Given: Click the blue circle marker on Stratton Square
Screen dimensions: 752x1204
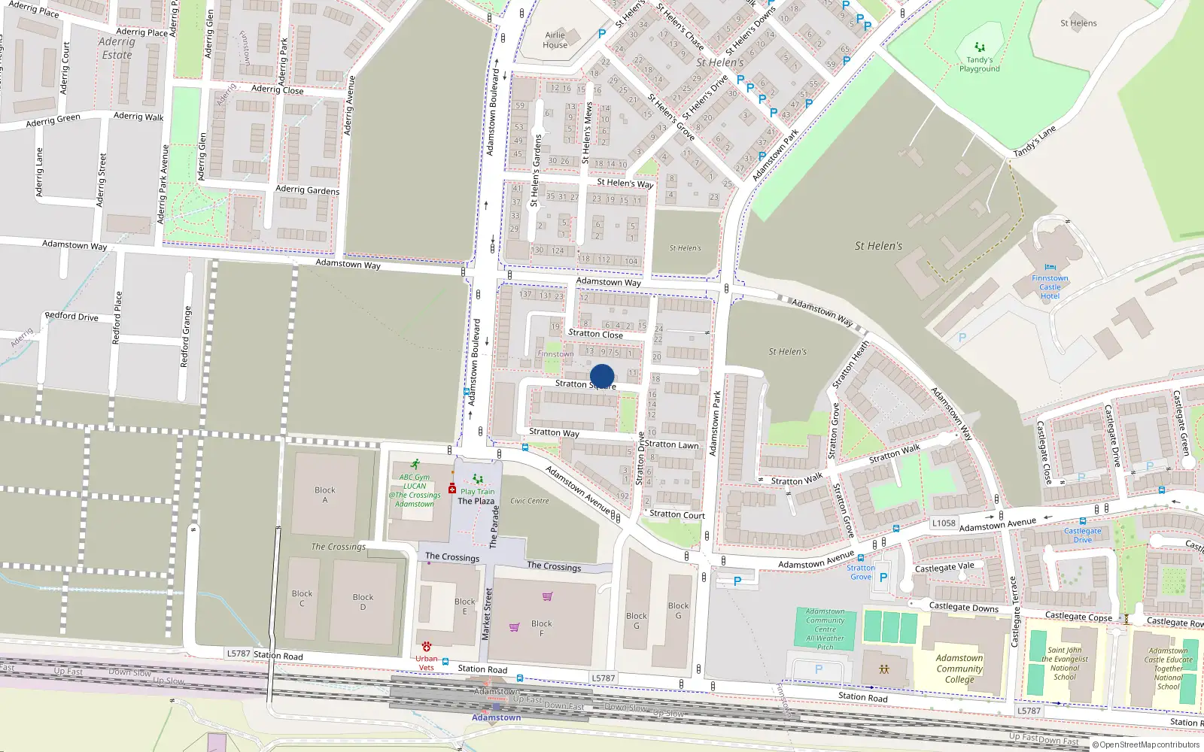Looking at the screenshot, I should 602,376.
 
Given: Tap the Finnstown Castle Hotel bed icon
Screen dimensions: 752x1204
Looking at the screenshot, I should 1050,268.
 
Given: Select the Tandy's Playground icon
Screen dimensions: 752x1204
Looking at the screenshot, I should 979,47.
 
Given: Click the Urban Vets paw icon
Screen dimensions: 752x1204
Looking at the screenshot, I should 427,647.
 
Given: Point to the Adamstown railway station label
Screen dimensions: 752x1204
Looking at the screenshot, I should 496,717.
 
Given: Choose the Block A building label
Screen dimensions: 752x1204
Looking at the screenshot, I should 325,495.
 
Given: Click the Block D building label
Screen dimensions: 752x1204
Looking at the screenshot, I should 363,602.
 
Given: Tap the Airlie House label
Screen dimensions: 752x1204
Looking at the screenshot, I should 555,40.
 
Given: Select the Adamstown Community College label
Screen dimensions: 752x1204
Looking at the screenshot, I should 959,669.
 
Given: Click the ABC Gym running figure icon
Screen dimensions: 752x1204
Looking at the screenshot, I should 415,465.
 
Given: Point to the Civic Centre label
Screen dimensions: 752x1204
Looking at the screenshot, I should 529,501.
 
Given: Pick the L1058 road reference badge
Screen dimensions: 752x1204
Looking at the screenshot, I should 944,523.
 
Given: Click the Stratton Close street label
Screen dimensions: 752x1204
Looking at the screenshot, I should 595,333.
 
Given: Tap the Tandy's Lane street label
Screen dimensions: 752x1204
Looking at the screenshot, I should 1035,141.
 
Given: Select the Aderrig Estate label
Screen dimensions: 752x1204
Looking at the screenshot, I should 117,48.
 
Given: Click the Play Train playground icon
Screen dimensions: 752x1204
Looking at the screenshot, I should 477,479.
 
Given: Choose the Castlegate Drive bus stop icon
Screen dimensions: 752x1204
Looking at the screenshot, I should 1083,521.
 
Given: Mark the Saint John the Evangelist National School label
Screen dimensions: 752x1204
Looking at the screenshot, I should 1065,663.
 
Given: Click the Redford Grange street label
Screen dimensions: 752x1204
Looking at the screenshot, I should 185,336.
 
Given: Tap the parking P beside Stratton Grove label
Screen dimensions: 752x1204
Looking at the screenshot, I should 883,578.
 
